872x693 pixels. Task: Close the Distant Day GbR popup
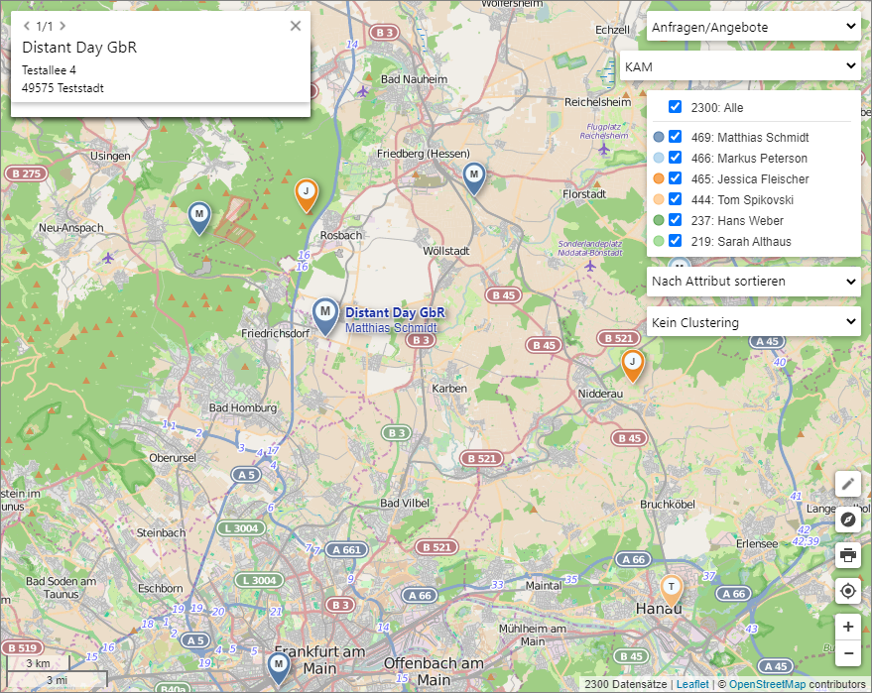click(295, 26)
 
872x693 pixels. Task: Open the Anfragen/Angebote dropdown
click(753, 28)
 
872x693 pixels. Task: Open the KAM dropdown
click(739, 66)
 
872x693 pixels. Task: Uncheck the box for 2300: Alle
click(675, 107)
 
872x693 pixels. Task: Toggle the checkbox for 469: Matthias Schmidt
click(675, 138)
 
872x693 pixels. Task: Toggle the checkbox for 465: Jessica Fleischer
click(675, 179)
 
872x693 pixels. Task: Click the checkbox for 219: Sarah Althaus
click(675, 241)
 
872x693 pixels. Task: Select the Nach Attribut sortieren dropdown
click(753, 282)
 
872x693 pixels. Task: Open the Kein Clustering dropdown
click(753, 322)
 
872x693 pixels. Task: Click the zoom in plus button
click(847, 627)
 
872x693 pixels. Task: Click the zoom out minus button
click(847, 653)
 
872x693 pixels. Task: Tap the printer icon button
click(847, 554)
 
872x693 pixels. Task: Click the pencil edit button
click(847, 484)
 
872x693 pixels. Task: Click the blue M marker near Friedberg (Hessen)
click(474, 177)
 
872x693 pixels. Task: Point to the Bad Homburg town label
click(243, 408)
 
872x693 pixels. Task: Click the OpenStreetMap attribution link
click(767, 684)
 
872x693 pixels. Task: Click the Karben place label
click(449, 389)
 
